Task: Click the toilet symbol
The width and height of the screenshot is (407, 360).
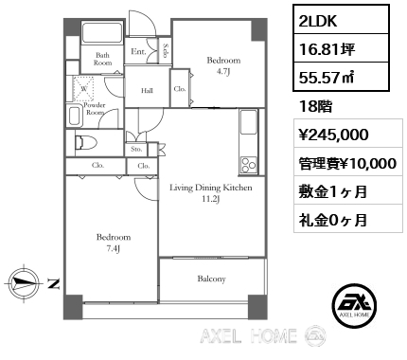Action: pos(86,142)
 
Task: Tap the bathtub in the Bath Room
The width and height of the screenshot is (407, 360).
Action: pos(102,32)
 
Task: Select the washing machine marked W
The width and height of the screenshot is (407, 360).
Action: pos(83,88)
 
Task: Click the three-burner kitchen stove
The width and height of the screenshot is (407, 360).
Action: pos(249,165)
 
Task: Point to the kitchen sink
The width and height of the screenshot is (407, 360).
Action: pos(249,122)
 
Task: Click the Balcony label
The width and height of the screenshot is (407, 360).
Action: pos(211,279)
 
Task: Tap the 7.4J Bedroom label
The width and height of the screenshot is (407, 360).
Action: pos(114,243)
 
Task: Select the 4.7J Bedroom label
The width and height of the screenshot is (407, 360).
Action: pos(223,65)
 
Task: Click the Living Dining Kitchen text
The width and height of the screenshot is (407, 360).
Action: pos(211,188)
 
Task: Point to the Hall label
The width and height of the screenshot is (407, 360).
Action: pos(147,91)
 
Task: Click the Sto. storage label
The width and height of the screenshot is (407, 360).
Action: pos(136,149)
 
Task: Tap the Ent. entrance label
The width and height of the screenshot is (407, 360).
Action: pos(138,51)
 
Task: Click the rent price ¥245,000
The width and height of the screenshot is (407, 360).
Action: pos(333,135)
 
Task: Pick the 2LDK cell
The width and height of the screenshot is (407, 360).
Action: pos(341,20)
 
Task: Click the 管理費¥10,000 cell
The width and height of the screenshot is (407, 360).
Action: pos(348,163)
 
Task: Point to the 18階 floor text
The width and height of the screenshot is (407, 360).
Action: pos(315,106)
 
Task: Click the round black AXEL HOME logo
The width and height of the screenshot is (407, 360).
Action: pos(355,305)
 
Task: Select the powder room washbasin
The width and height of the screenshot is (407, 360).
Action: pos(74,117)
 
